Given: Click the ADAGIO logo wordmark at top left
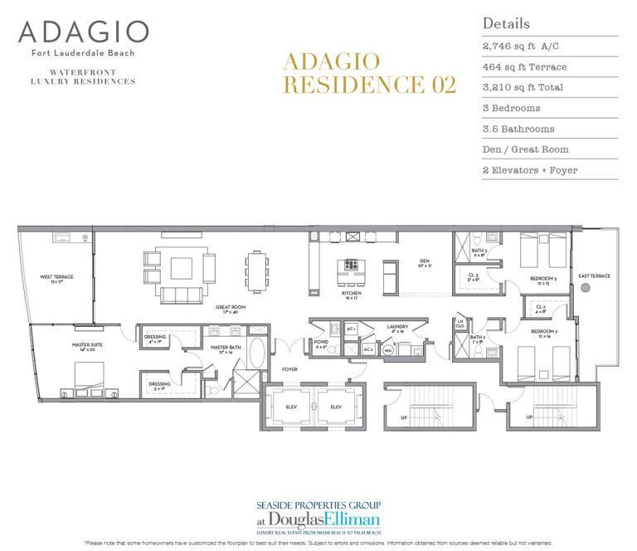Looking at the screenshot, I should (83, 33).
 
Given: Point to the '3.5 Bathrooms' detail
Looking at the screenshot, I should (518, 129).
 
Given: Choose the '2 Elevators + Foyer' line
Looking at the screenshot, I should (529, 170).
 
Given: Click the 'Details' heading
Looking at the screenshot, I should (505, 23).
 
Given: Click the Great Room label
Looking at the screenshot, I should (231, 309).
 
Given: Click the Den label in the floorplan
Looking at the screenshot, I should (423, 261).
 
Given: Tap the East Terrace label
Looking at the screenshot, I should (594, 275).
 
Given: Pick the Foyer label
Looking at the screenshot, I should (289, 369).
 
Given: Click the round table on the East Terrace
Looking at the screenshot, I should (585, 288).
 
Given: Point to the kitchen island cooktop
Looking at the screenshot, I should (350, 266).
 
